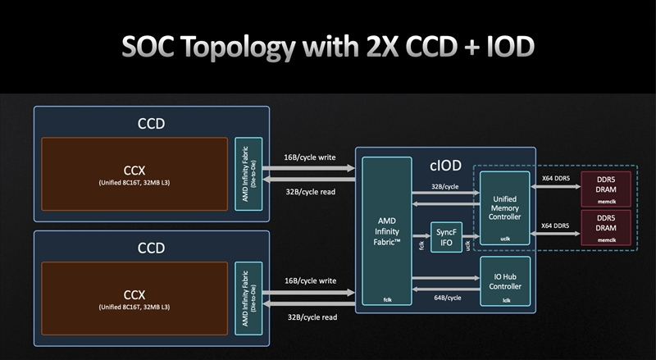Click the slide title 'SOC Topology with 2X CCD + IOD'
(327, 47)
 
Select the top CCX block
(134, 173)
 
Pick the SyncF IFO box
(446, 237)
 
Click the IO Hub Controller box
(504, 280)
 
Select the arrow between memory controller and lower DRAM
(556, 235)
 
